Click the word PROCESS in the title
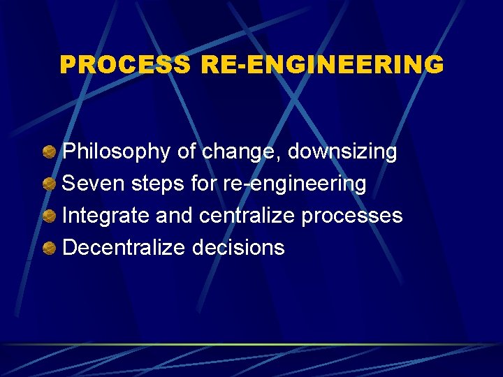click(x=124, y=65)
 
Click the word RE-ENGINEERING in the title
click(x=321, y=65)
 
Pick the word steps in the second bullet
click(x=158, y=184)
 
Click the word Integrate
click(x=106, y=216)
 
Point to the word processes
click(x=352, y=216)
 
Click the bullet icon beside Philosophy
click(x=50, y=152)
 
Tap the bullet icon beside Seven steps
click(x=50, y=184)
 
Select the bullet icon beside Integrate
click(x=50, y=216)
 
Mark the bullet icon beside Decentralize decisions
click(x=50, y=248)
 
